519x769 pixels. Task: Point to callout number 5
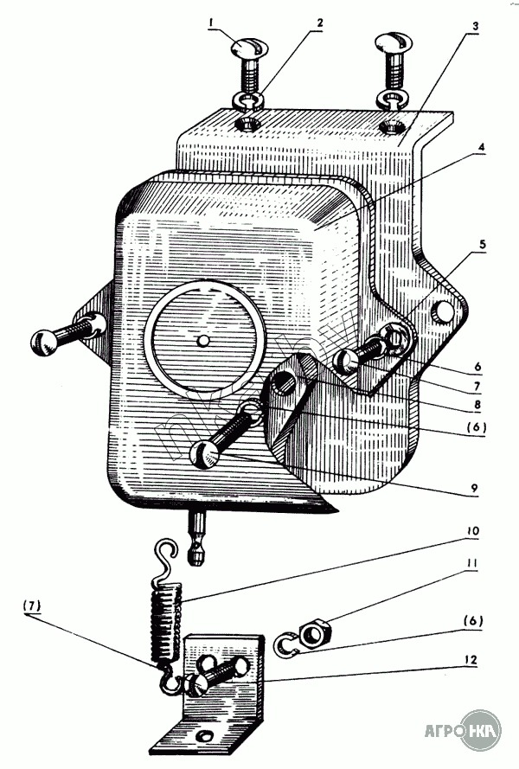482,246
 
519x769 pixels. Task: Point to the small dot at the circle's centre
202,340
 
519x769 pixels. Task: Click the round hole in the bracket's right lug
444,310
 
